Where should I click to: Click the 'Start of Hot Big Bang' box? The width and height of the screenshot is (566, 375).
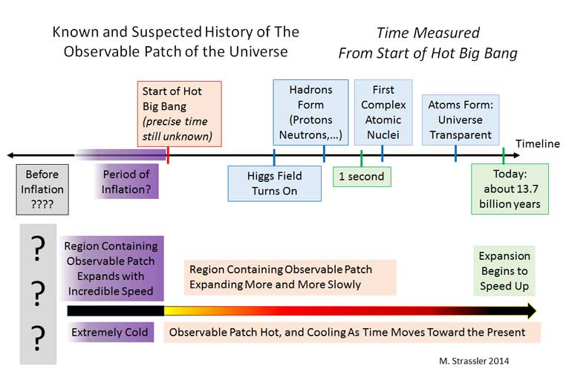(180, 114)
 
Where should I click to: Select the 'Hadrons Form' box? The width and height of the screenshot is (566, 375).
(310, 112)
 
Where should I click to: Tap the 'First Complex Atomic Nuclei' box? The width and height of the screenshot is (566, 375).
(383, 112)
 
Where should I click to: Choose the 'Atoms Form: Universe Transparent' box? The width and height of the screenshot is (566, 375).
(461, 120)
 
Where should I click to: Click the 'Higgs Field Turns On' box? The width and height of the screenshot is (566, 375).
(275, 183)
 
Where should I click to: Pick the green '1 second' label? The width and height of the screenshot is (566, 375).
(362, 177)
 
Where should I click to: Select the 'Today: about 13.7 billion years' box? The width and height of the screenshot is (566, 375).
(510, 189)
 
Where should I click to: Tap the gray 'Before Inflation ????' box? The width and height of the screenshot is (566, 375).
(42, 189)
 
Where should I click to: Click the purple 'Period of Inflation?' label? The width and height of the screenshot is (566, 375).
(126, 181)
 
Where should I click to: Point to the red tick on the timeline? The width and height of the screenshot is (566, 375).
(168, 155)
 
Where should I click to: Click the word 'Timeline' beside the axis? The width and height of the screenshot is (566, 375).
(538, 143)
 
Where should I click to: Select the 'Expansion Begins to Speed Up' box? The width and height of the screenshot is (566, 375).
(504, 271)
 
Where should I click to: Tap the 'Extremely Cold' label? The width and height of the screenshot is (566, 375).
(110, 332)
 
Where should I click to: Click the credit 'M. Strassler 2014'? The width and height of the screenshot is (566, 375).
(474, 361)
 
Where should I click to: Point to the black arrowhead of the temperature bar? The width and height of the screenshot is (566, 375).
(532, 310)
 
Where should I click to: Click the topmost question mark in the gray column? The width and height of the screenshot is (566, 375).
(38, 248)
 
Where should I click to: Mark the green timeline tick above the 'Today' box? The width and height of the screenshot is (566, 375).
(504, 155)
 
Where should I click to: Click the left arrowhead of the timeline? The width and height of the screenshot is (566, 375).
(10, 155)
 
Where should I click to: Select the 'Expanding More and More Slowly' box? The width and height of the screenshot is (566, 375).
(290, 277)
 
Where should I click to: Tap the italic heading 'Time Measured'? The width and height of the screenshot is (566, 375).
(428, 33)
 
